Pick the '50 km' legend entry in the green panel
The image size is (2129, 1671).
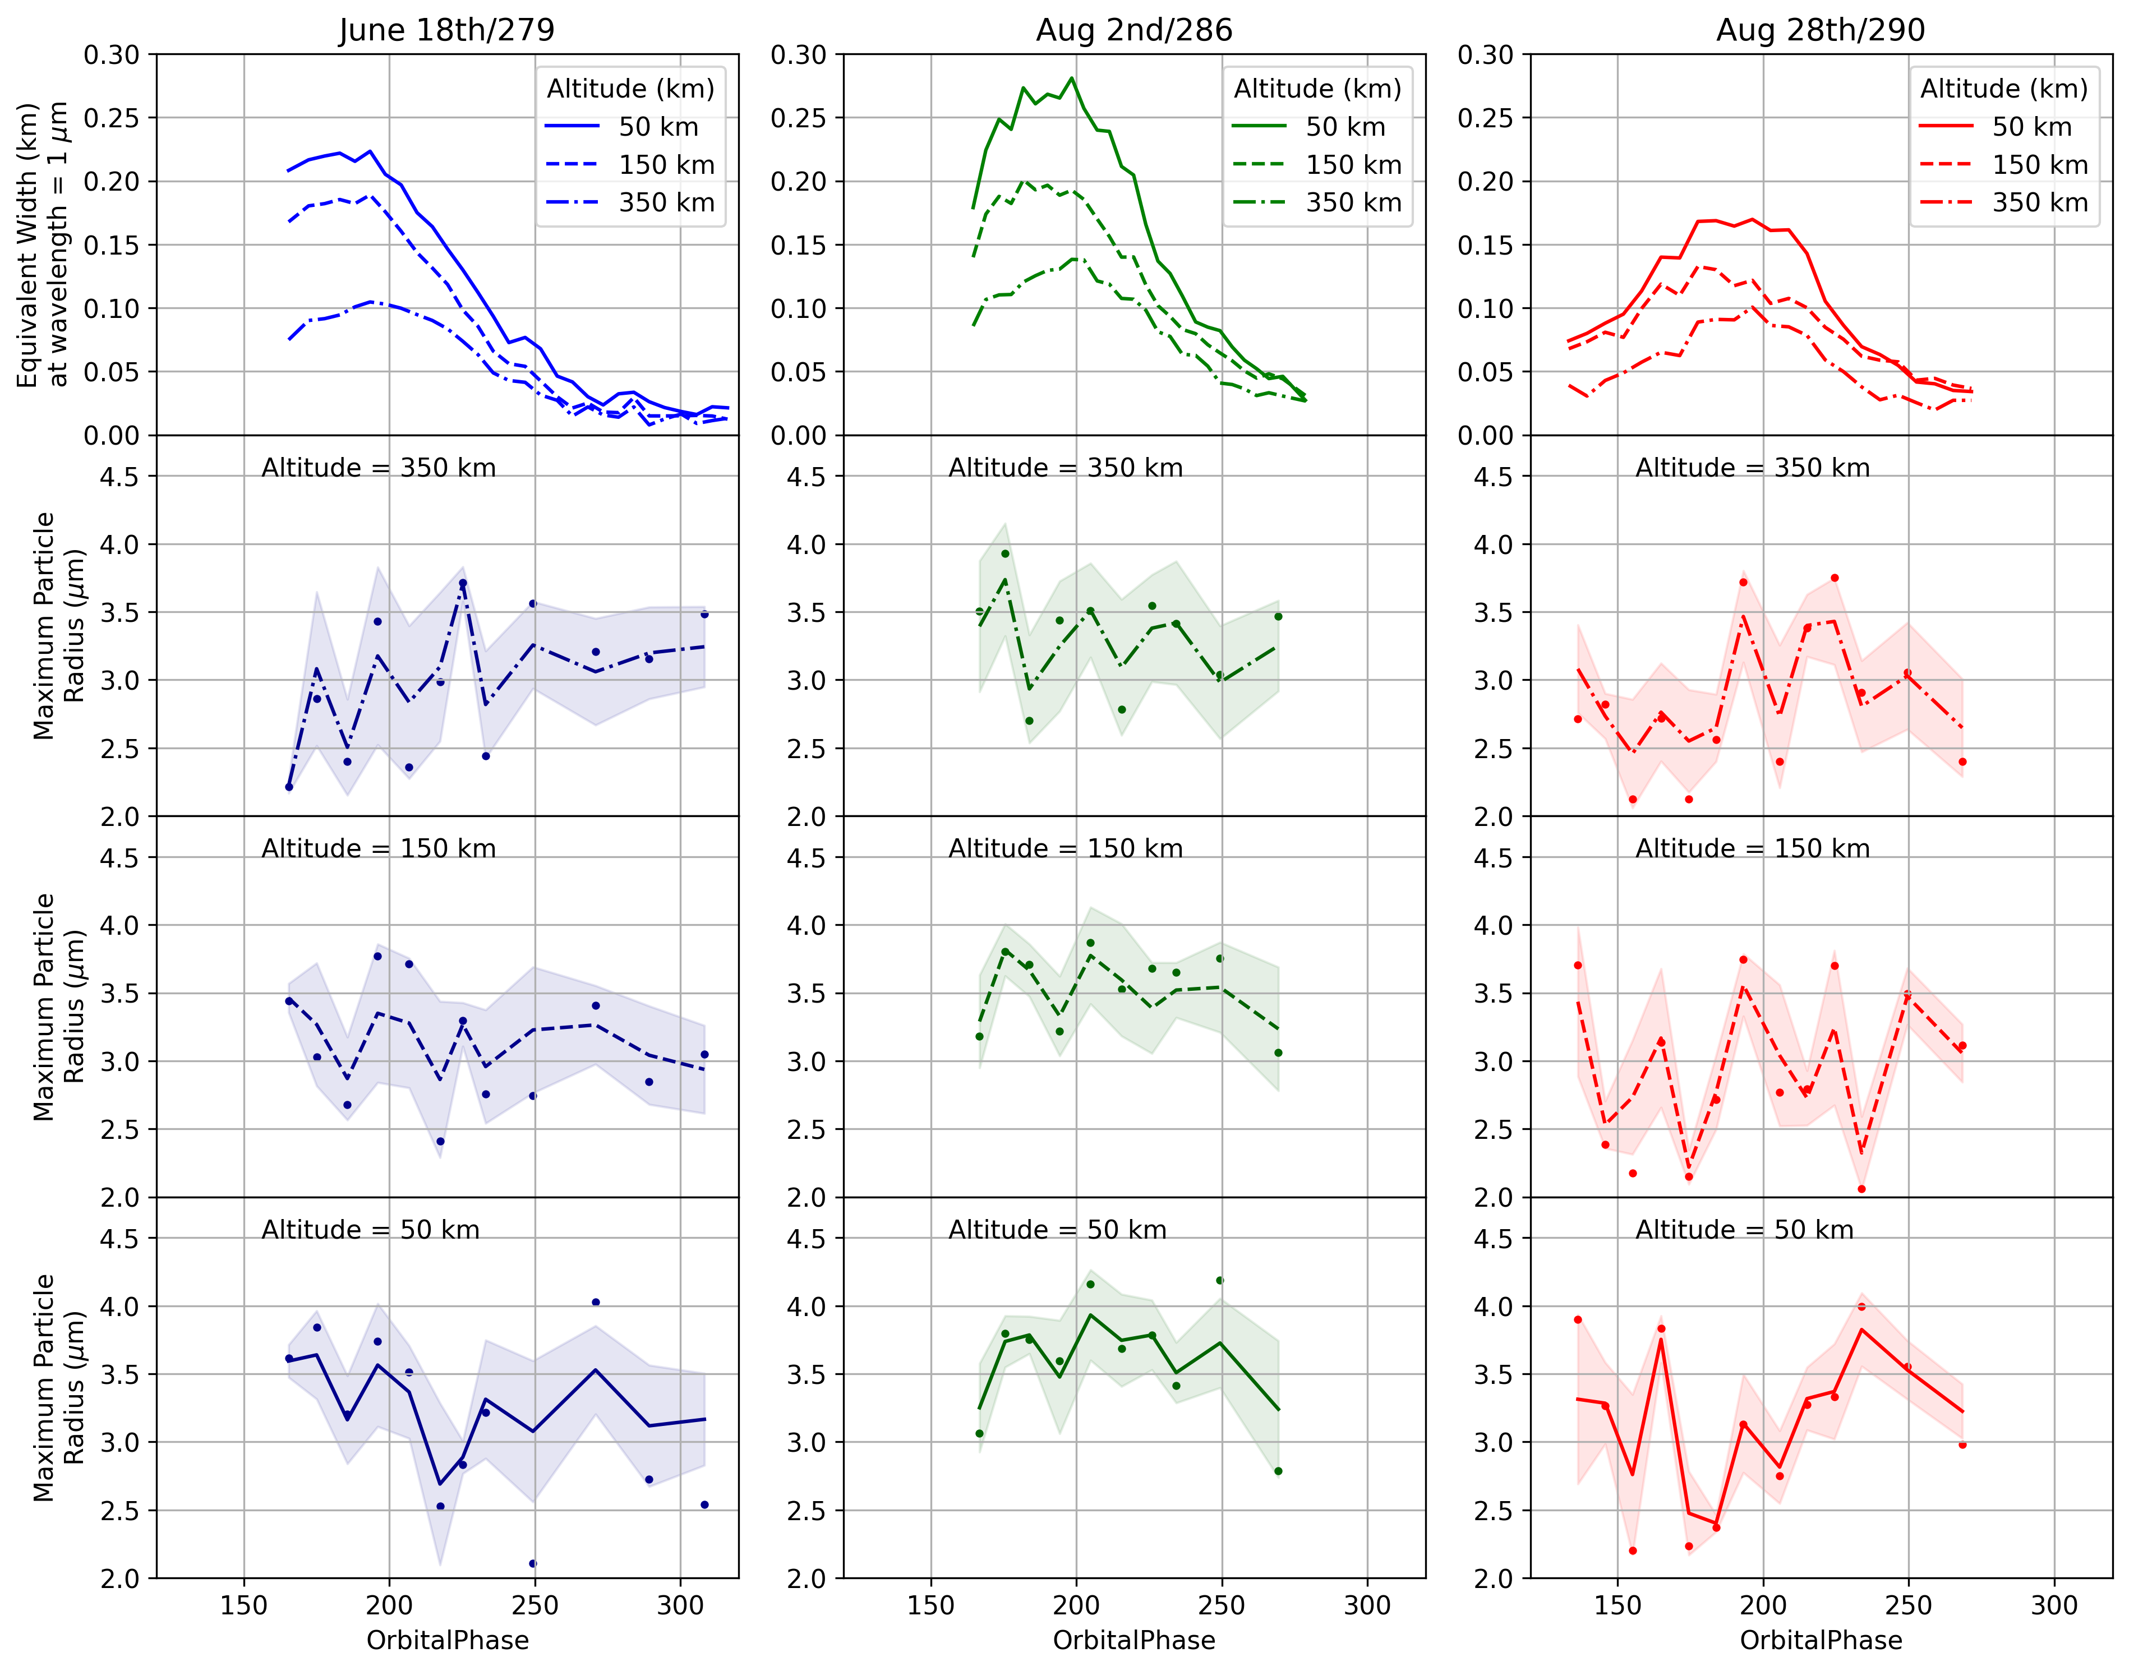(1345, 126)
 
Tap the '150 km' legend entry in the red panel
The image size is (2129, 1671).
(2039, 164)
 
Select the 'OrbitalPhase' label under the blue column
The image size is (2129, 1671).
(447, 1640)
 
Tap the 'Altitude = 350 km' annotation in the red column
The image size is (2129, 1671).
(1752, 468)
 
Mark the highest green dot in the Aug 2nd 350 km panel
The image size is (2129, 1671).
(1005, 554)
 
